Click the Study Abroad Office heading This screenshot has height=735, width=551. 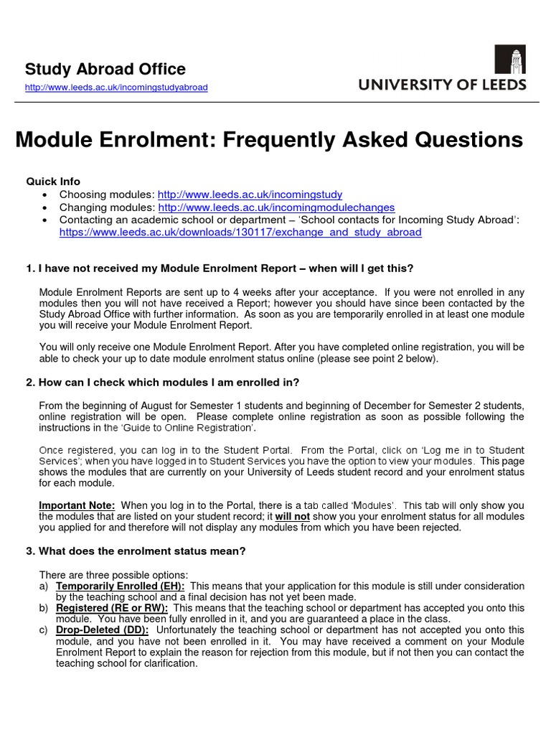(105, 70)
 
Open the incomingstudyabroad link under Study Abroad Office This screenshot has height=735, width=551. (116, 88)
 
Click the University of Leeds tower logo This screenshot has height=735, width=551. (509, 60)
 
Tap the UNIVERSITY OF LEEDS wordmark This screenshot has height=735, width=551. (442, 85)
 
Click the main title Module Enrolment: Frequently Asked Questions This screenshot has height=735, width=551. (269, 140)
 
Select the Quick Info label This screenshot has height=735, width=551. (53, 182)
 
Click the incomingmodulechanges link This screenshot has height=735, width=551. (276, 207)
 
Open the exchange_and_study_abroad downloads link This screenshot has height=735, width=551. (240, 233)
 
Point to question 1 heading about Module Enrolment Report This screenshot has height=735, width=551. (220, 268)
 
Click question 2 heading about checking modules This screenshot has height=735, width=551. (162, 382)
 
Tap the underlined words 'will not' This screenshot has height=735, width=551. (293, 517)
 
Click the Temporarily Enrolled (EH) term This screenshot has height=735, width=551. (120, 586)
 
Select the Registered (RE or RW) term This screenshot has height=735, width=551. (112, 608)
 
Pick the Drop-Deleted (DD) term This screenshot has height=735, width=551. (102, 629)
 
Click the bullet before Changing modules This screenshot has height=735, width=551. (46, 207)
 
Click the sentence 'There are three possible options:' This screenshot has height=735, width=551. (113, 575)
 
